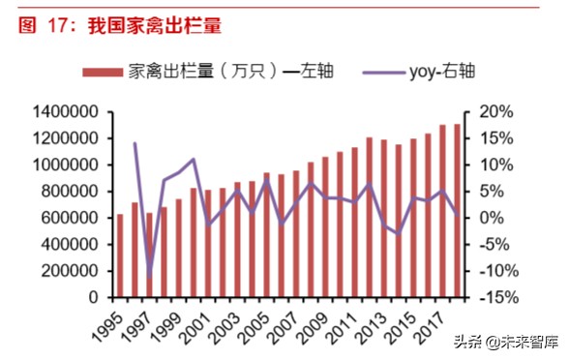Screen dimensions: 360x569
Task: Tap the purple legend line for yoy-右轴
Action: pyautogui.click(x=387, y=71)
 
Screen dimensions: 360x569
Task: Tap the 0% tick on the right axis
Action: pyautogui.click(x=483, y=219)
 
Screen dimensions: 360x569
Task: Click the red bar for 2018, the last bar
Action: pyautogui.click(x=457, y=210)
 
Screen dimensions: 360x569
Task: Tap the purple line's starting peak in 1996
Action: pyautogui.click(x=135, y=143)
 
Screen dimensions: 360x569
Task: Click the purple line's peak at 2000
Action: pyautogui.click(x=194, y=159)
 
